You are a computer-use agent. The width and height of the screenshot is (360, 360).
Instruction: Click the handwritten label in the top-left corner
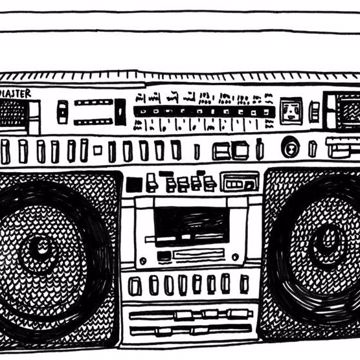tap(16, 93)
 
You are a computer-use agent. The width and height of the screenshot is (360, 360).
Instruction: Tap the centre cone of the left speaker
tap(39, 246)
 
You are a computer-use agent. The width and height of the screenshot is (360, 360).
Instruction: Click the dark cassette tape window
tap(190, 223)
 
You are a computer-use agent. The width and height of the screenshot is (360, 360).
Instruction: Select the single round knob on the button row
tap(291, 148)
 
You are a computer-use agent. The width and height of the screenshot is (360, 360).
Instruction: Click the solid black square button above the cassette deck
tap(134, 184)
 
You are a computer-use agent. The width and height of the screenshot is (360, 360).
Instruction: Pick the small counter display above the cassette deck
tap(239, 183)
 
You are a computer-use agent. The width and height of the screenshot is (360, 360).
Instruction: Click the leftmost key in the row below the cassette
tap(135, 286)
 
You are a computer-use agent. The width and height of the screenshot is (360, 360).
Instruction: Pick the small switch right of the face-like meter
tap(314, 108)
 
